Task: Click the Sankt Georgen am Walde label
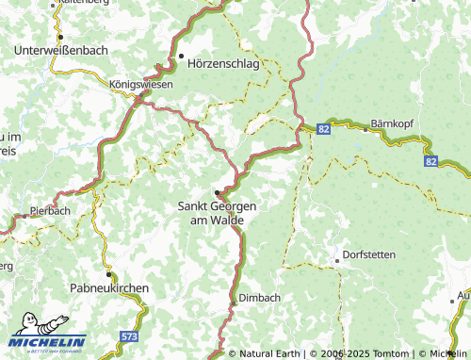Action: pos(211,212)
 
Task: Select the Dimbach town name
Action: pos(260,297)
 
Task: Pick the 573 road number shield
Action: pos(130,335)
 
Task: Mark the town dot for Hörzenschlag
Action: pos(181,57)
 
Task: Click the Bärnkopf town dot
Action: pos(365,129)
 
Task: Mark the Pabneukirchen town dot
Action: pos(109,274)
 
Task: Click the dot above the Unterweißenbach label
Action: pos(59,38)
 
